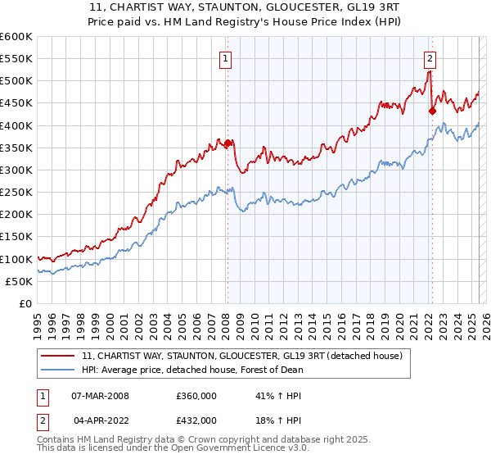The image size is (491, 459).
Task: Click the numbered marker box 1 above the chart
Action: (224, 57)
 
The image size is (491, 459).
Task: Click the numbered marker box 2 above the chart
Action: (430, 57)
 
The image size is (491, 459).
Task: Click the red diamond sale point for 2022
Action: (432, 111)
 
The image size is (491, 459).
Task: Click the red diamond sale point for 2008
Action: (227, 143)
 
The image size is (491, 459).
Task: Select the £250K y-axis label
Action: (16, 193)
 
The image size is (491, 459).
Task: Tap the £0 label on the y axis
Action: (25, 304)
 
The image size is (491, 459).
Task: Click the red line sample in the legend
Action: (59, 357)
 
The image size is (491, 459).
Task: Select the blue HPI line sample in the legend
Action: (59, 370)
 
